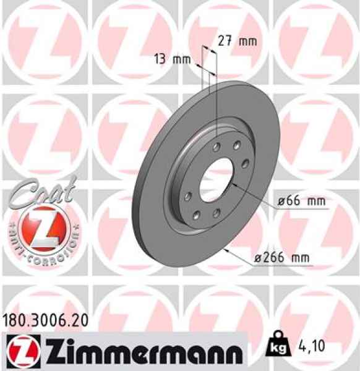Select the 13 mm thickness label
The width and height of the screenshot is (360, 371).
click(173, 60)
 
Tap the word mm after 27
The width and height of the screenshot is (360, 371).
click(247, 42)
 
